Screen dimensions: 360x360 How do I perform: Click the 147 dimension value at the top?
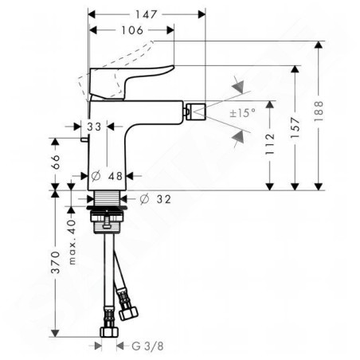click(147, 14)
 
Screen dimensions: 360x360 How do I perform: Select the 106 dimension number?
click(132, 30)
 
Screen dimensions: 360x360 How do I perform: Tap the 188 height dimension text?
click(319, 112)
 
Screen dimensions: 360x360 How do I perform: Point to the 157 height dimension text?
click(295, 127)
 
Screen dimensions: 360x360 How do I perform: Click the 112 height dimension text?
click(270, 144)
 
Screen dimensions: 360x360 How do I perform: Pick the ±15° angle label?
click(243, 113)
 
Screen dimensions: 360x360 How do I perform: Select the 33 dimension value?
click(94, 127)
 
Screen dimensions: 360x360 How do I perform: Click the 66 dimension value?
click(55, 162)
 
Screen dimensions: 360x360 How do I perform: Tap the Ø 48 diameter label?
click(107, 176)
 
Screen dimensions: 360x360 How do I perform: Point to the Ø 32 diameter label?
click(155, 199)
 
